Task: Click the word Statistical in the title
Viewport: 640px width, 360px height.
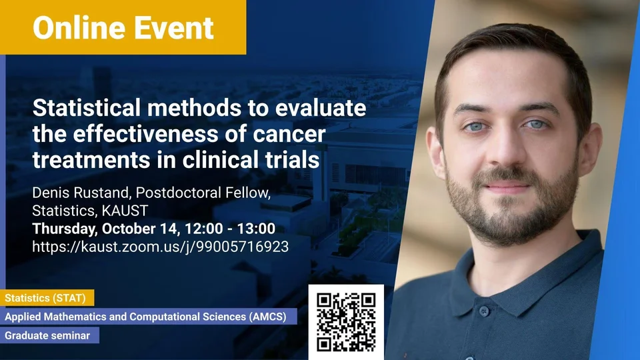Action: tap(87, 108)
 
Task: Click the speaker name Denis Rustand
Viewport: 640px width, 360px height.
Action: tap(81, 193)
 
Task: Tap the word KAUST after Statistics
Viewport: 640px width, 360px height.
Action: tap(125, 211)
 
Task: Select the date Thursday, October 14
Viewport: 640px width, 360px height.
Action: tap(105, 229)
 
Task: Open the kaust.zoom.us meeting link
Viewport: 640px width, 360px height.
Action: tap(161, 247)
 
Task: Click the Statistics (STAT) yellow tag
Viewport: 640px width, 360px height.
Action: tap(47, 298)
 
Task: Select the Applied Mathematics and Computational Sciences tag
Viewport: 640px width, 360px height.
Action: tap(149, 317)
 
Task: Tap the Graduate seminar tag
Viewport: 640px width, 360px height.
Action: tap(49, 335)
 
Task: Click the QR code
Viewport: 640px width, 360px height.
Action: tap(346, 322)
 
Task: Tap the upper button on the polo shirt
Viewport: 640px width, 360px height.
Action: tap(483, 312)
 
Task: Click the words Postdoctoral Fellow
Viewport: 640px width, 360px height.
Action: tap(203, 193)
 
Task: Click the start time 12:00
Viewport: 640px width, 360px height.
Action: tap(204, 229)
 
